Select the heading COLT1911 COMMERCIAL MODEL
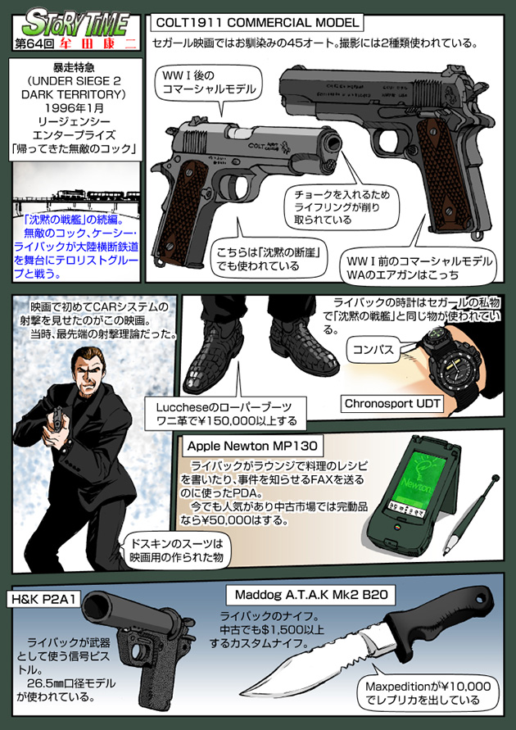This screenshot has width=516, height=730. (x=257, y=22)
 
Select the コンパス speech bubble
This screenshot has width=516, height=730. (x=373, y=351)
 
